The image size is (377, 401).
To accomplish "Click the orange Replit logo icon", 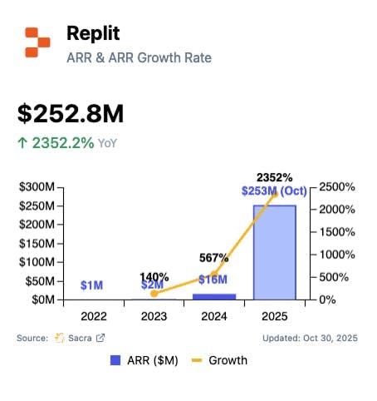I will (x=37, y=42).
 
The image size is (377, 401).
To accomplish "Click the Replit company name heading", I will (x=94, y=34).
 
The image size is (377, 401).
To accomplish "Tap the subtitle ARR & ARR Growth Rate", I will (x=138, y=57).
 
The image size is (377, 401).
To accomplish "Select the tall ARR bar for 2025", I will (x=274, y=252).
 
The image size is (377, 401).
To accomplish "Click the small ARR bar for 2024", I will (x=213, y=295).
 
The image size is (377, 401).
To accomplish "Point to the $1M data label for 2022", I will (x=91, y=285).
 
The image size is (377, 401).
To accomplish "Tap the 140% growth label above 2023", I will (x=154, y=276).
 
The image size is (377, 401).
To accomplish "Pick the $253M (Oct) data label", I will (x=274, y=191).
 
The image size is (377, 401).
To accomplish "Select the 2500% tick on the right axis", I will (x=337, y=188).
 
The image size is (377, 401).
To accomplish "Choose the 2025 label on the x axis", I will (x=274, y=315).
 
